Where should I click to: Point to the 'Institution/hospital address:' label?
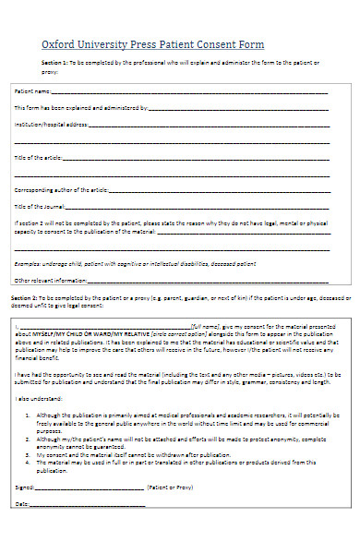[52, 124]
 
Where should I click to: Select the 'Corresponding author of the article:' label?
[61, 190]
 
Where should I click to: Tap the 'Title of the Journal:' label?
[38, 206]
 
